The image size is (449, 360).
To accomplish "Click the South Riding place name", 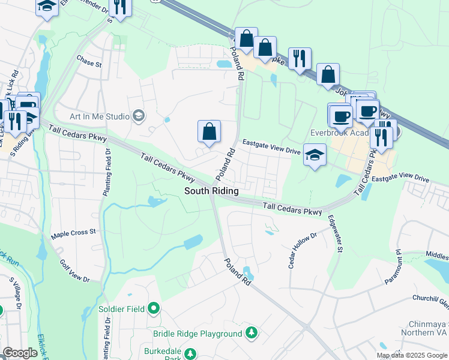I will [x=211, y=191].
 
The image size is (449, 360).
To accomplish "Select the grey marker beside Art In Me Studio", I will [x=139, y=115].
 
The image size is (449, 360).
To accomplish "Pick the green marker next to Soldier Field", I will [x=154, y=309].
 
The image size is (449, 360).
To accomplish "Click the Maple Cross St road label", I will [x=74, y=232].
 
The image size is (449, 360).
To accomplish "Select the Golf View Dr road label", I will [x=74, y=271].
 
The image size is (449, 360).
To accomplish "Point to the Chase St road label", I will [x=89, y=61].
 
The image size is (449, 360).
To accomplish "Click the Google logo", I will [x=20, y=353].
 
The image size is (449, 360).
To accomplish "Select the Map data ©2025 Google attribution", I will [x=411, y=355].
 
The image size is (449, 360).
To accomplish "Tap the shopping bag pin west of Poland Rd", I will [x=209, y=131].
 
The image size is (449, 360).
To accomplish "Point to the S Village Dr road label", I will [x=15, y=293].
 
